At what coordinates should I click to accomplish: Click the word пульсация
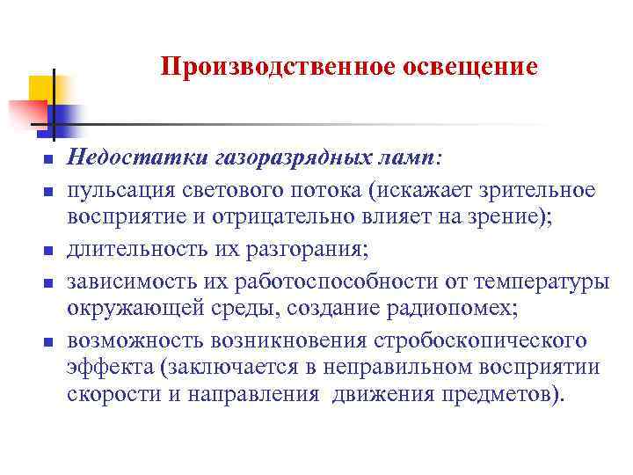(x=118, y=191)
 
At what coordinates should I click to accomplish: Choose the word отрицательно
(x=287, y=219)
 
